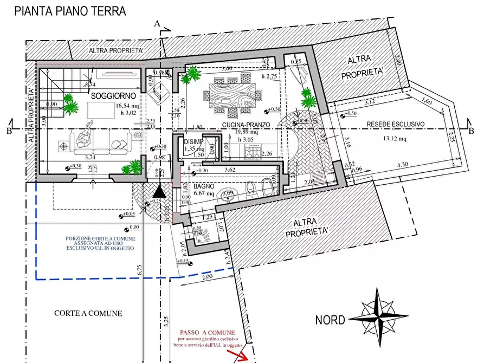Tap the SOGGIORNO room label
113,96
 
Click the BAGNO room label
205,186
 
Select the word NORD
330,320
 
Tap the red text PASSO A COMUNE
207,332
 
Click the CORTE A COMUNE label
88,313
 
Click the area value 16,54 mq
112,106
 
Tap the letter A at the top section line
157,24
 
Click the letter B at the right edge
471,130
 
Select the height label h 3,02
112,114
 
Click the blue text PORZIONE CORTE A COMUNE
101,238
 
